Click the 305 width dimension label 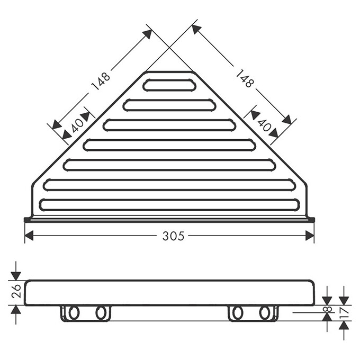pos(173,236)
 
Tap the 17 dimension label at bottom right pos(344,313)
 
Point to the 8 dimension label pos(328,309)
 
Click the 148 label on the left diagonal pos(101,81)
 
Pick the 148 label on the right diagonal pos(245,79)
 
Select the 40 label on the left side pos(78,126)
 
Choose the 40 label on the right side pos(264,125)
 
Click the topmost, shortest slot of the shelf pos(169,85)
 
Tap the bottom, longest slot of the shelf pos(169,205)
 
